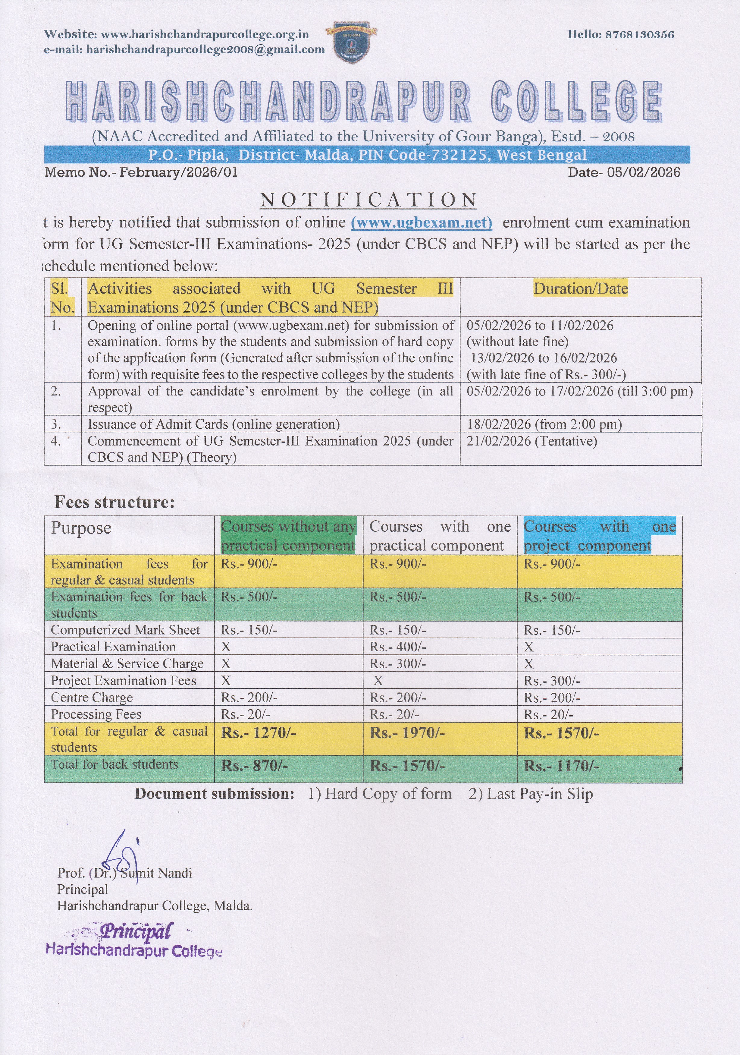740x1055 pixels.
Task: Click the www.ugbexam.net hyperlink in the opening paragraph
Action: [x=421, y=223]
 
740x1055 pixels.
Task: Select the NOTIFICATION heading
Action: [x=368, y=200]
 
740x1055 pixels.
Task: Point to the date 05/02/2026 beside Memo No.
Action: [x=643, y=172]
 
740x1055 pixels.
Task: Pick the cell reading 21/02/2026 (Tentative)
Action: [x=532, y=441]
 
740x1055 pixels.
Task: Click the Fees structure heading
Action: [x=114, y=502]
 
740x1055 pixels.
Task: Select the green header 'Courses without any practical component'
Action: [x=288, y=536]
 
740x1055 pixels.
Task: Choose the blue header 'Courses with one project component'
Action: [x=599, y=536]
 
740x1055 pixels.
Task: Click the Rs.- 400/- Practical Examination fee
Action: [x=398, y=647]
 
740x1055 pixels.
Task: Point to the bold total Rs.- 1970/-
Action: [x=407, y=733]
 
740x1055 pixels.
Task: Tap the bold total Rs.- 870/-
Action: [x=254, y=766]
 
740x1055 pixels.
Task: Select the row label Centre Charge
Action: [x=92, y=698]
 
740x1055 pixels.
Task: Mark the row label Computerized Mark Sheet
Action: [x=125, y=630]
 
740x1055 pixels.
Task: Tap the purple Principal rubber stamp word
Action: [x=136, y=931]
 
